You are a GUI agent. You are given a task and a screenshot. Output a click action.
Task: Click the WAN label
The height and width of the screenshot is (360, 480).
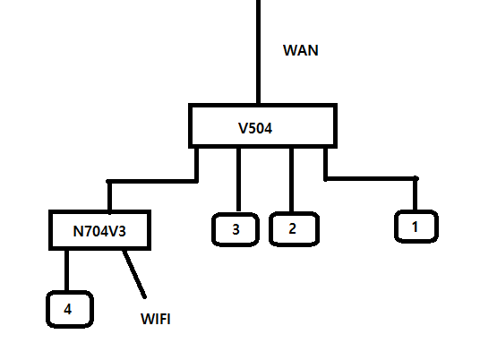coord(301,50)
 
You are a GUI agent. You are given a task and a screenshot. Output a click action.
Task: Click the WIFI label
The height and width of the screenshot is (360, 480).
coord(156,319)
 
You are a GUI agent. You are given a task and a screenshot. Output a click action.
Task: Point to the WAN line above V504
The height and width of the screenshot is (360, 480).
coord(259,52)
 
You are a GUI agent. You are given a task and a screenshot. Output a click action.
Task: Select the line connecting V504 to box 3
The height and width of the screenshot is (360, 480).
coord(239,180)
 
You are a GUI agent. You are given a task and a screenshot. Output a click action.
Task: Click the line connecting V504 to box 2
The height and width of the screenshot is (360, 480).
coord(291,180)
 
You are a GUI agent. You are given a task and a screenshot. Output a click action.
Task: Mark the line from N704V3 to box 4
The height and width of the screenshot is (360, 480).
coord(67,270)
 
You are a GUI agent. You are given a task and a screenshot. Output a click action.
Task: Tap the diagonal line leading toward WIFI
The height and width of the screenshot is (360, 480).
coord(134,274)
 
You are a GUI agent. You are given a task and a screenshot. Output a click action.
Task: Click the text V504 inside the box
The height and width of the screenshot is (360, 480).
coord(255,128)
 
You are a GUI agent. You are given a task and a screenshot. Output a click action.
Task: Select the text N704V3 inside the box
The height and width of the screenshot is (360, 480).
coord(99,231)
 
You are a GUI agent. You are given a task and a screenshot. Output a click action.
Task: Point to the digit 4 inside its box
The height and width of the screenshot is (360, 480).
coord(68,309)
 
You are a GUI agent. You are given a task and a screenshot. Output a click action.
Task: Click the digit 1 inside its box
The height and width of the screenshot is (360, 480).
coord(415,227)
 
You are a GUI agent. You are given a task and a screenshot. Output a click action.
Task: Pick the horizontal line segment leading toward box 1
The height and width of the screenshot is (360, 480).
coord(371,178)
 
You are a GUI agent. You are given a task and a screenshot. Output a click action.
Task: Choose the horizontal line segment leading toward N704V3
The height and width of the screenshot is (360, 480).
coord(152,182)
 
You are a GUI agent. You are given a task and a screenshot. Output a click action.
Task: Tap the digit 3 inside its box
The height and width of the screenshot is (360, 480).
coord(236,229)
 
